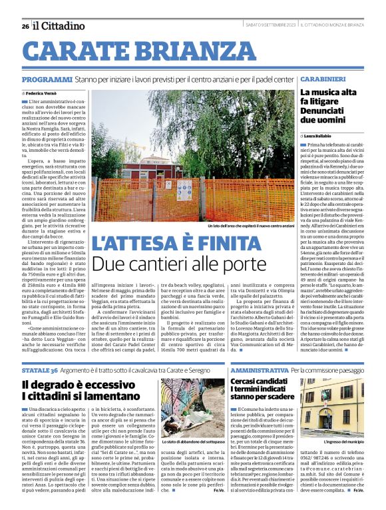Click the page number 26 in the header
[25, 26]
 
